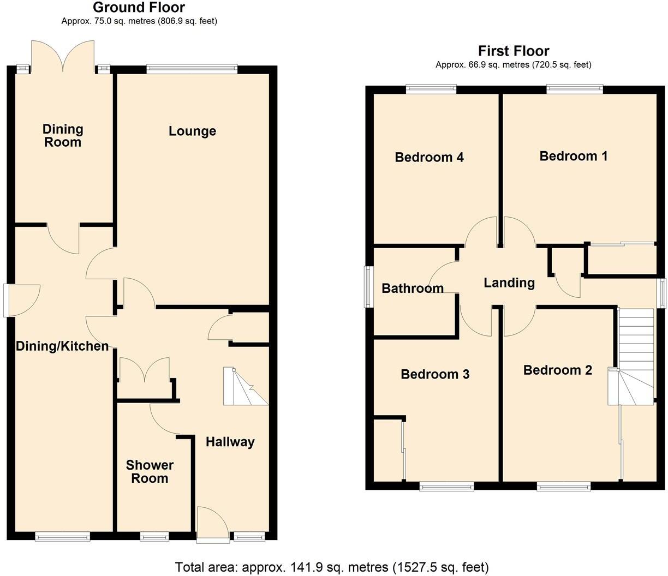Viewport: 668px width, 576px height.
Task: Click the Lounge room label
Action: tap(192, 131)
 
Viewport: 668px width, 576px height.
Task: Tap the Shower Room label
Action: tap(150, 472)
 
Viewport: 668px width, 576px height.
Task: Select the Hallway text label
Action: tap(230, 442)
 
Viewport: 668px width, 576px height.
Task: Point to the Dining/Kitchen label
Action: tap(62, 346)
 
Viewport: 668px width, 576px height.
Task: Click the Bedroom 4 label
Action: tap(429, 158)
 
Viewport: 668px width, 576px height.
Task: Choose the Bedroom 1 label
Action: tap(573, 157)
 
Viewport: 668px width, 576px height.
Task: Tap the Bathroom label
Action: tap(412, 288)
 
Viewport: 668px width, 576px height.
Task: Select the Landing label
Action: tap(509, 283)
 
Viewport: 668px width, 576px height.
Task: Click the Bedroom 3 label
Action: tap(435, 374)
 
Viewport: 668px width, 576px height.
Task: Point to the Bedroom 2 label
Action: tap(557, 370)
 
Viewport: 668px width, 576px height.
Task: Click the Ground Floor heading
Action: tap(139, 8)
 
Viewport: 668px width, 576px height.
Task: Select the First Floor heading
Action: tap(513, 51)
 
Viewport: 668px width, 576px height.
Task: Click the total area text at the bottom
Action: tap(332, 567)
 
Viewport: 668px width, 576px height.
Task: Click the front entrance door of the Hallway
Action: tap(212, 524)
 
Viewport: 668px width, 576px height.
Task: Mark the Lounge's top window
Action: tap(192, 69)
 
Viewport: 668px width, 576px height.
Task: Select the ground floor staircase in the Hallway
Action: tap(244, 387)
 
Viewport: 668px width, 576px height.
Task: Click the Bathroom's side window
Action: tap(369, 287)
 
